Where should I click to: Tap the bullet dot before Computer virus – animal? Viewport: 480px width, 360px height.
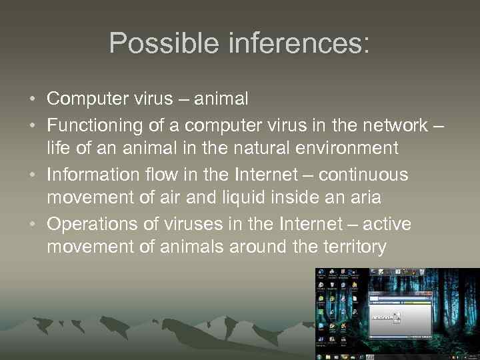pos(33,99)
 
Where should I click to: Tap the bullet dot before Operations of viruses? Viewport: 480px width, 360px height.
pos(33,223)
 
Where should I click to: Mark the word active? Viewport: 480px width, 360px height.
pos(387,223)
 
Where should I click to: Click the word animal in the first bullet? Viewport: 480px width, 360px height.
pos(219,99)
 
